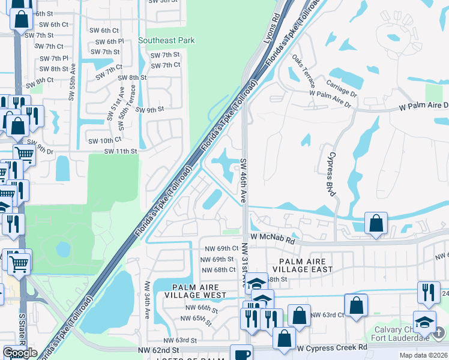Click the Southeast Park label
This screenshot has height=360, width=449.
[166, 41]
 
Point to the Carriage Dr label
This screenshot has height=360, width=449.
[342, 86]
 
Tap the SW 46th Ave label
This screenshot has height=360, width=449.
[244, 180]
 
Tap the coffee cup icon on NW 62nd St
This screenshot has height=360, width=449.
[243, 354]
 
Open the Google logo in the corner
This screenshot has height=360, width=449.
[20, 353]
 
